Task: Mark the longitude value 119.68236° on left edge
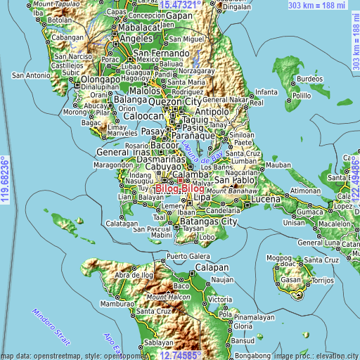5,181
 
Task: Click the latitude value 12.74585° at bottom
184,355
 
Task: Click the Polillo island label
302,95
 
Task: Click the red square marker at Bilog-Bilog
180,180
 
